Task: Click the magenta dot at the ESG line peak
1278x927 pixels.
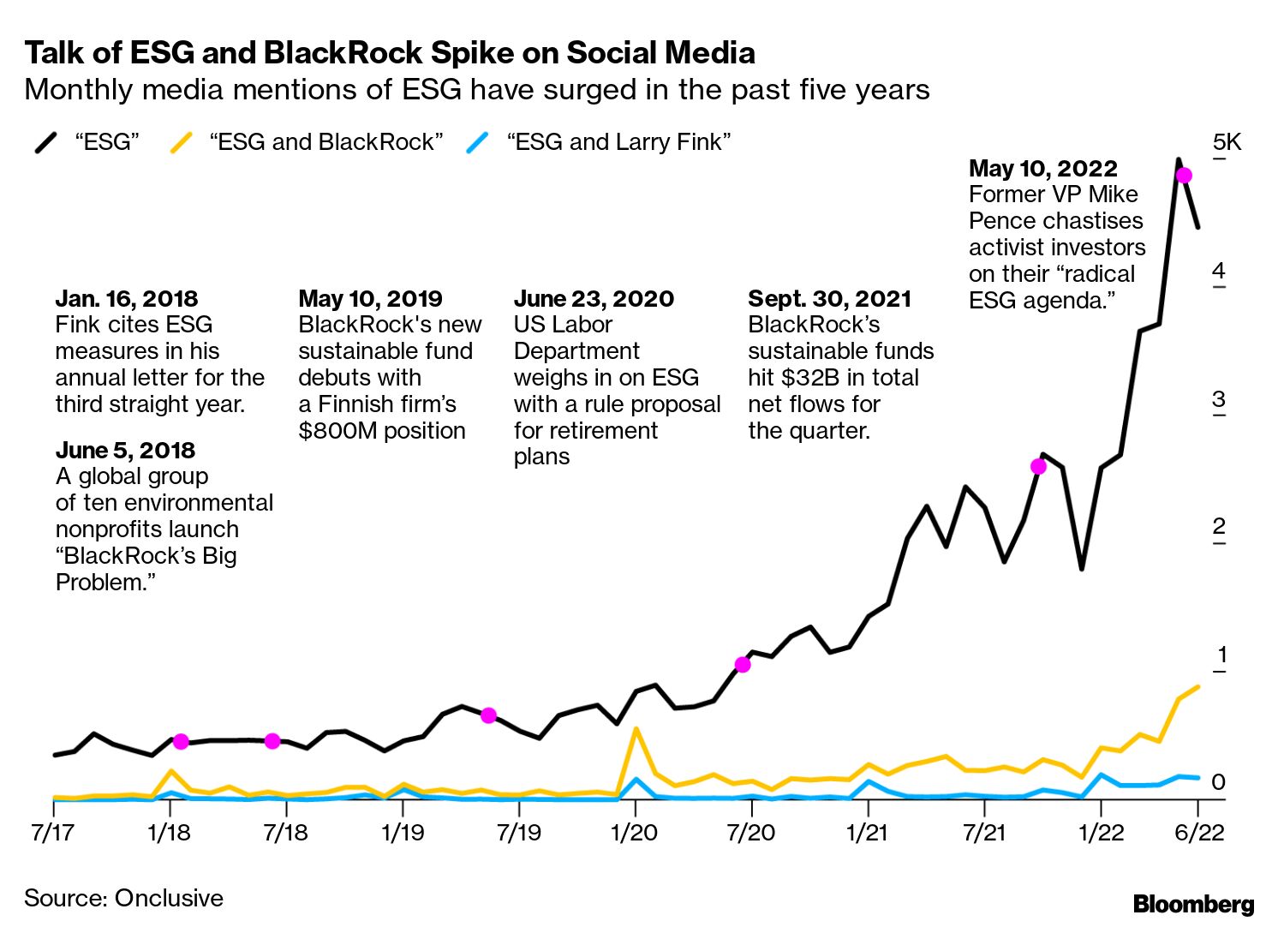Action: tap(1184, 176)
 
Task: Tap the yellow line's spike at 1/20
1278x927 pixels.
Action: tap(636, 729)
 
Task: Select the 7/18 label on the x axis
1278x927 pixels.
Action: tap(285, 832)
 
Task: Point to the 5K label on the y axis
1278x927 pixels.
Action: tap(1227, 142)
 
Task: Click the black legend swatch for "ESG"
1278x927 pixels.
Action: tap(46, 142)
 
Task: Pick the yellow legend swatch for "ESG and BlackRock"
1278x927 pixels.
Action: tap(182, 142)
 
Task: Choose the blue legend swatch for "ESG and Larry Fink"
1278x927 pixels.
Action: tap(478, 142)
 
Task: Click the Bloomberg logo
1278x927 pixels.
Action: tap(1193, 904)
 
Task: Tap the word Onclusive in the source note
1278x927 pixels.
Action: tap(169, 898)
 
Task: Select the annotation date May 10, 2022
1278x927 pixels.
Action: tap(1043, 168)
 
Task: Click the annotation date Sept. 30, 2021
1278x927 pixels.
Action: tap(829, 299)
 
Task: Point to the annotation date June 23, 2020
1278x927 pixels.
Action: tap(594, 299)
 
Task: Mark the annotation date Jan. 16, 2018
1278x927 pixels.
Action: tap(127, 299)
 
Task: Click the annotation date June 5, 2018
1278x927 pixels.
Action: tap(125, 451)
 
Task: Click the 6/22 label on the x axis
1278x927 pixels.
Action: tap(1199, 832)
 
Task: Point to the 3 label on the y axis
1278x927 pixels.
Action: tap(1219, 399)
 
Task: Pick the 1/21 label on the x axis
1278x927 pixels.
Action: tap(868, 832)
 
